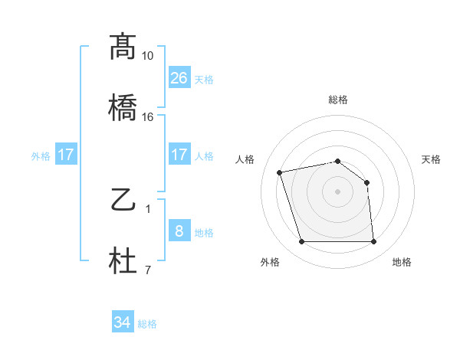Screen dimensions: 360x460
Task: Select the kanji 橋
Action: (123, 107)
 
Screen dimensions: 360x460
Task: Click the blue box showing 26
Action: (179, 78)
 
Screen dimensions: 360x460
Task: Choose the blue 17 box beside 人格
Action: (179, 155)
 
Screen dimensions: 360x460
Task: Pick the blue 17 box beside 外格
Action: (66, 155)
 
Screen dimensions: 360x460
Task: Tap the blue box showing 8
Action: (179, 231)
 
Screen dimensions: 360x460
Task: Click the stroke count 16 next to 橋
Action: (147, 117)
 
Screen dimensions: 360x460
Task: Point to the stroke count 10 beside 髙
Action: (147, 56)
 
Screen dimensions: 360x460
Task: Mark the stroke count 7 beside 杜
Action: (147, 270)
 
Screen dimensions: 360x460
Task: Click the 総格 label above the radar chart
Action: (337, 100)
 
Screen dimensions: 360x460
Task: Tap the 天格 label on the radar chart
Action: (432, 159)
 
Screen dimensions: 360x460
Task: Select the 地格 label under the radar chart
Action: (402, 262)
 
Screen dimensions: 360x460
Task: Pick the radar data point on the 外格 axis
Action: (301, 242)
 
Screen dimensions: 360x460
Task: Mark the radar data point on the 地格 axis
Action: (373, 242)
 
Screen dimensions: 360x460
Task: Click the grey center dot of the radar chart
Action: (337, 191)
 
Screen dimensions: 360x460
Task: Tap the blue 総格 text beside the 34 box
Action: (147, 324)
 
